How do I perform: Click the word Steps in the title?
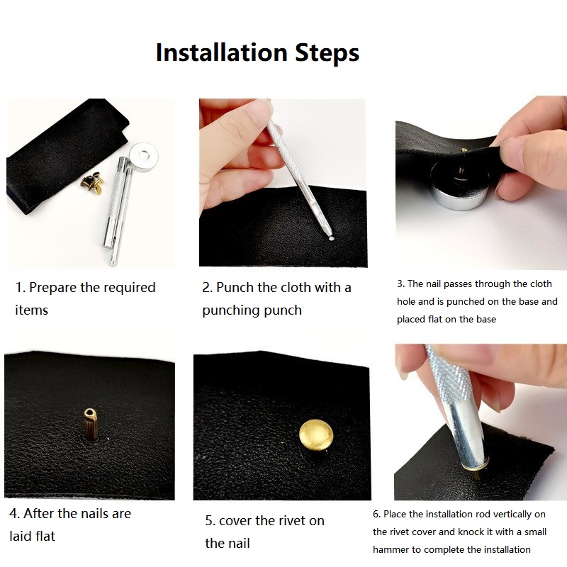coord(324,53)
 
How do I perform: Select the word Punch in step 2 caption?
coord(235,288)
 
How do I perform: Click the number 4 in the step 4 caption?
coord(13,513)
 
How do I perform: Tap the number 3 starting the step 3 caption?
coord(400,283)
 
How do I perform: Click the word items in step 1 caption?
coord(31,310)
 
